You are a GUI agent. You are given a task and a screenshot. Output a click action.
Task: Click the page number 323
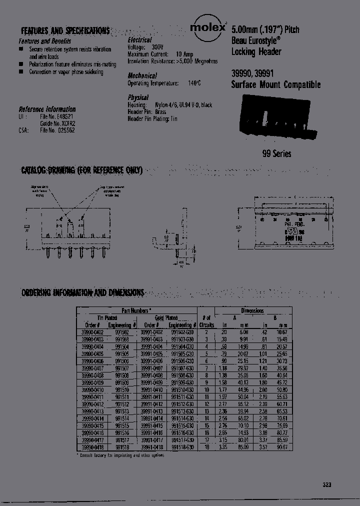click(326, 484)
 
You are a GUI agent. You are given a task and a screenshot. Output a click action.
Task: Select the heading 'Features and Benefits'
click(44, 41)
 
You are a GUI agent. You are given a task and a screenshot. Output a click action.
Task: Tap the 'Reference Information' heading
click(47, 109)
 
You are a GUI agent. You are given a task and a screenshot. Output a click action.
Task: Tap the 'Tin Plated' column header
click(107, 317)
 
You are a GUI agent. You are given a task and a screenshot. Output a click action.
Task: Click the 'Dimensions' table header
click(252, 310)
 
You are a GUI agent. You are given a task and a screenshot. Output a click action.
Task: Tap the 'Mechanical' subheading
click(142, 76)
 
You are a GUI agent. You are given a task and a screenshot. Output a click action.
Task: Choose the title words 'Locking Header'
click(256, 52)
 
